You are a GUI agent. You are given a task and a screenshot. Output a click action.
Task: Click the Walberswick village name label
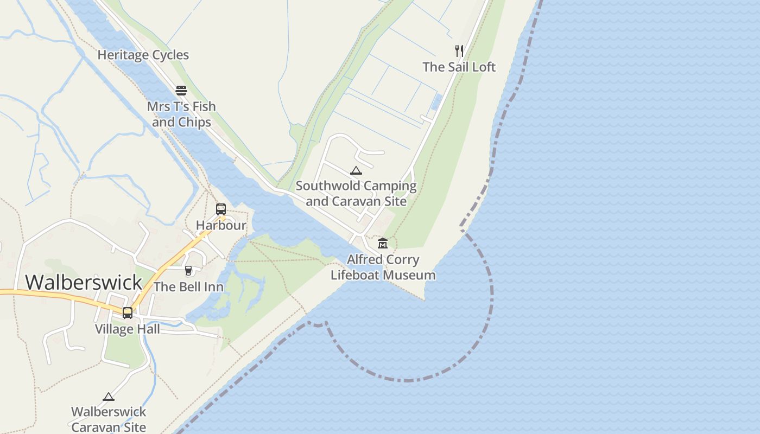(84, 283)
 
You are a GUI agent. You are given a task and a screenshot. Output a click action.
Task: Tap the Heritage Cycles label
(143, 55)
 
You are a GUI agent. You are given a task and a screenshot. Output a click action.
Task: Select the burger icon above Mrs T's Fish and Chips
(181, 91)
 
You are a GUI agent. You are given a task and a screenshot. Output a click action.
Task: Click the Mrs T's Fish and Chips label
(181, 114)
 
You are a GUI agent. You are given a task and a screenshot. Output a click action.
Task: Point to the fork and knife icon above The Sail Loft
(459, 51)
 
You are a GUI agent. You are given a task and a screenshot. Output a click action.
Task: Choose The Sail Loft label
(459, 67)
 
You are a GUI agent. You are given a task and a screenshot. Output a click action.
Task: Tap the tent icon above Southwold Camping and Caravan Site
(356, 171)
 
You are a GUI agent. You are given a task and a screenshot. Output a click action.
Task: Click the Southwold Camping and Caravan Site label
(356, 194)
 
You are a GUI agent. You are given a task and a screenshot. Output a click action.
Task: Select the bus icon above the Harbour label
(221, 209)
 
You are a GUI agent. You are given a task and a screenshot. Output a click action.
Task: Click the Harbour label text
(221, 225)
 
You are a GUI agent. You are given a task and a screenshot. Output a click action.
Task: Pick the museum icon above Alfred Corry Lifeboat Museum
(383, 243)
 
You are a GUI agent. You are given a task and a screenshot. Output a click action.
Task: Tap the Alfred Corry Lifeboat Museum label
(383, 267)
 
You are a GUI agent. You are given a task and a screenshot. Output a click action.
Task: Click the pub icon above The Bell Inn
(188, 271)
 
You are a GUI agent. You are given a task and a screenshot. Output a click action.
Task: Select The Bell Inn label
(188, 286)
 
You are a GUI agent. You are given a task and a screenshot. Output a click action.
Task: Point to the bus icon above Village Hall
(128, 313)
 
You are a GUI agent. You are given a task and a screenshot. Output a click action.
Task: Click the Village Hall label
(128, 329)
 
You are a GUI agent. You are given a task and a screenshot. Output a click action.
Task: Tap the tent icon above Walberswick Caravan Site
(109, 397)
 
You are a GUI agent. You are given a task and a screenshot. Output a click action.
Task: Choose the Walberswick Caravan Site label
(109, 419)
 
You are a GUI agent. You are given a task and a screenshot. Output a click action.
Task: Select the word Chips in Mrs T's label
(196, 122)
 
